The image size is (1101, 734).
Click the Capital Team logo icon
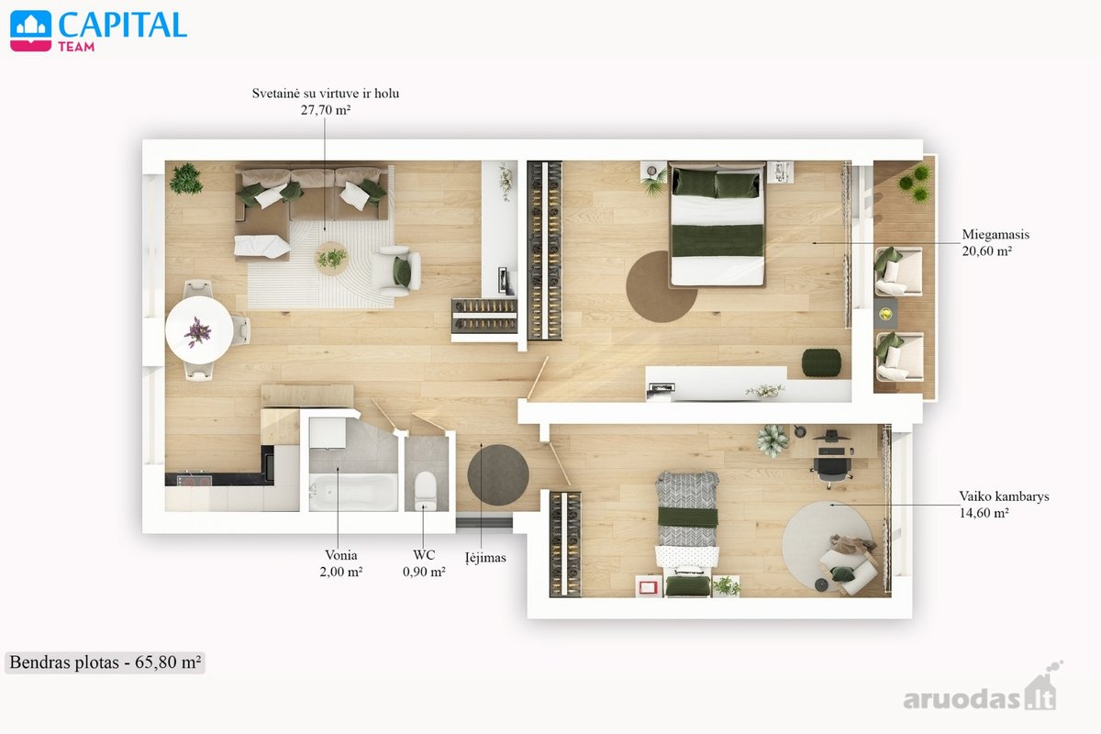30,31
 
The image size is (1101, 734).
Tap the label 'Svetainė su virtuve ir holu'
326,94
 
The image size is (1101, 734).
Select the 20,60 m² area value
986,251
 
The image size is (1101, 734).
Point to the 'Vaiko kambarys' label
1004,496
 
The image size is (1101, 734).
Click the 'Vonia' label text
341,555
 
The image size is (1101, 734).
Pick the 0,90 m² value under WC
424,572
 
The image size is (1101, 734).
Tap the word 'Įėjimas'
485,558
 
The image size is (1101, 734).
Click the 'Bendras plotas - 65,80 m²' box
105,662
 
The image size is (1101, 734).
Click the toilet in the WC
425,490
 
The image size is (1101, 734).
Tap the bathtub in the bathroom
353,492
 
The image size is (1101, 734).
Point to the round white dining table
199,330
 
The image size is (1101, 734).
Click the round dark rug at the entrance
498,475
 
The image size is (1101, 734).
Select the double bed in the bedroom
717,225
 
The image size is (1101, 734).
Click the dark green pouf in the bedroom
821,362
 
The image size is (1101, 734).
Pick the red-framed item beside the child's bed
648,586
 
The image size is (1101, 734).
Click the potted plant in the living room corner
185,179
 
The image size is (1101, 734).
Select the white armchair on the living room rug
396,271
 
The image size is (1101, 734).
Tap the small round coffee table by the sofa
332,258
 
